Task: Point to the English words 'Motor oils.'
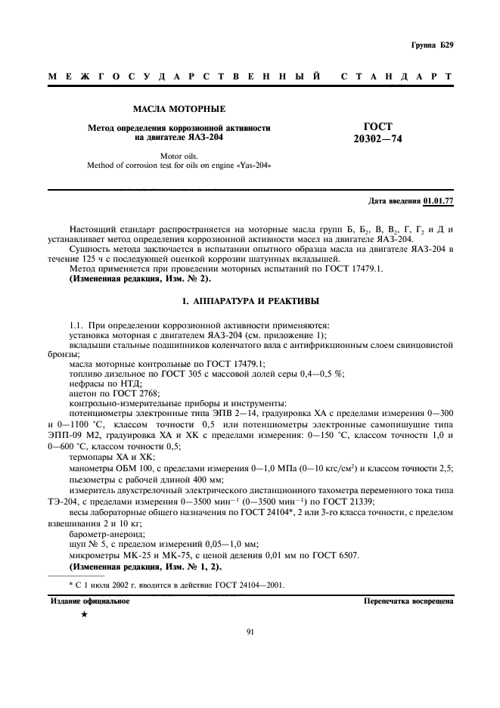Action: (179, 155)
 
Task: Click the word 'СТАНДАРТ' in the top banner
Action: (397, 77)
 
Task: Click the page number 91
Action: (250, 632)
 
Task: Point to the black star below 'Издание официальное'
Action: (84, 615)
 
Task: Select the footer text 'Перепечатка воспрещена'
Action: (408, 601)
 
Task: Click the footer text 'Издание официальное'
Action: (90, 601)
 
